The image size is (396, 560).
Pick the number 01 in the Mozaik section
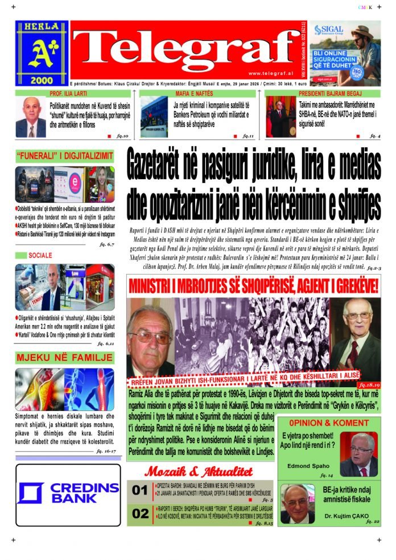tap(140, 490)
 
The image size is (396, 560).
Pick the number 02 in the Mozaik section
tap(140, 513)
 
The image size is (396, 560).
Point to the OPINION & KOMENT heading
tap(328, 423)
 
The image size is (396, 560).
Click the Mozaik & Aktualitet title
tap(198, 471)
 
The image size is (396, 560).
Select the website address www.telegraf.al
tap(271, 73)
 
